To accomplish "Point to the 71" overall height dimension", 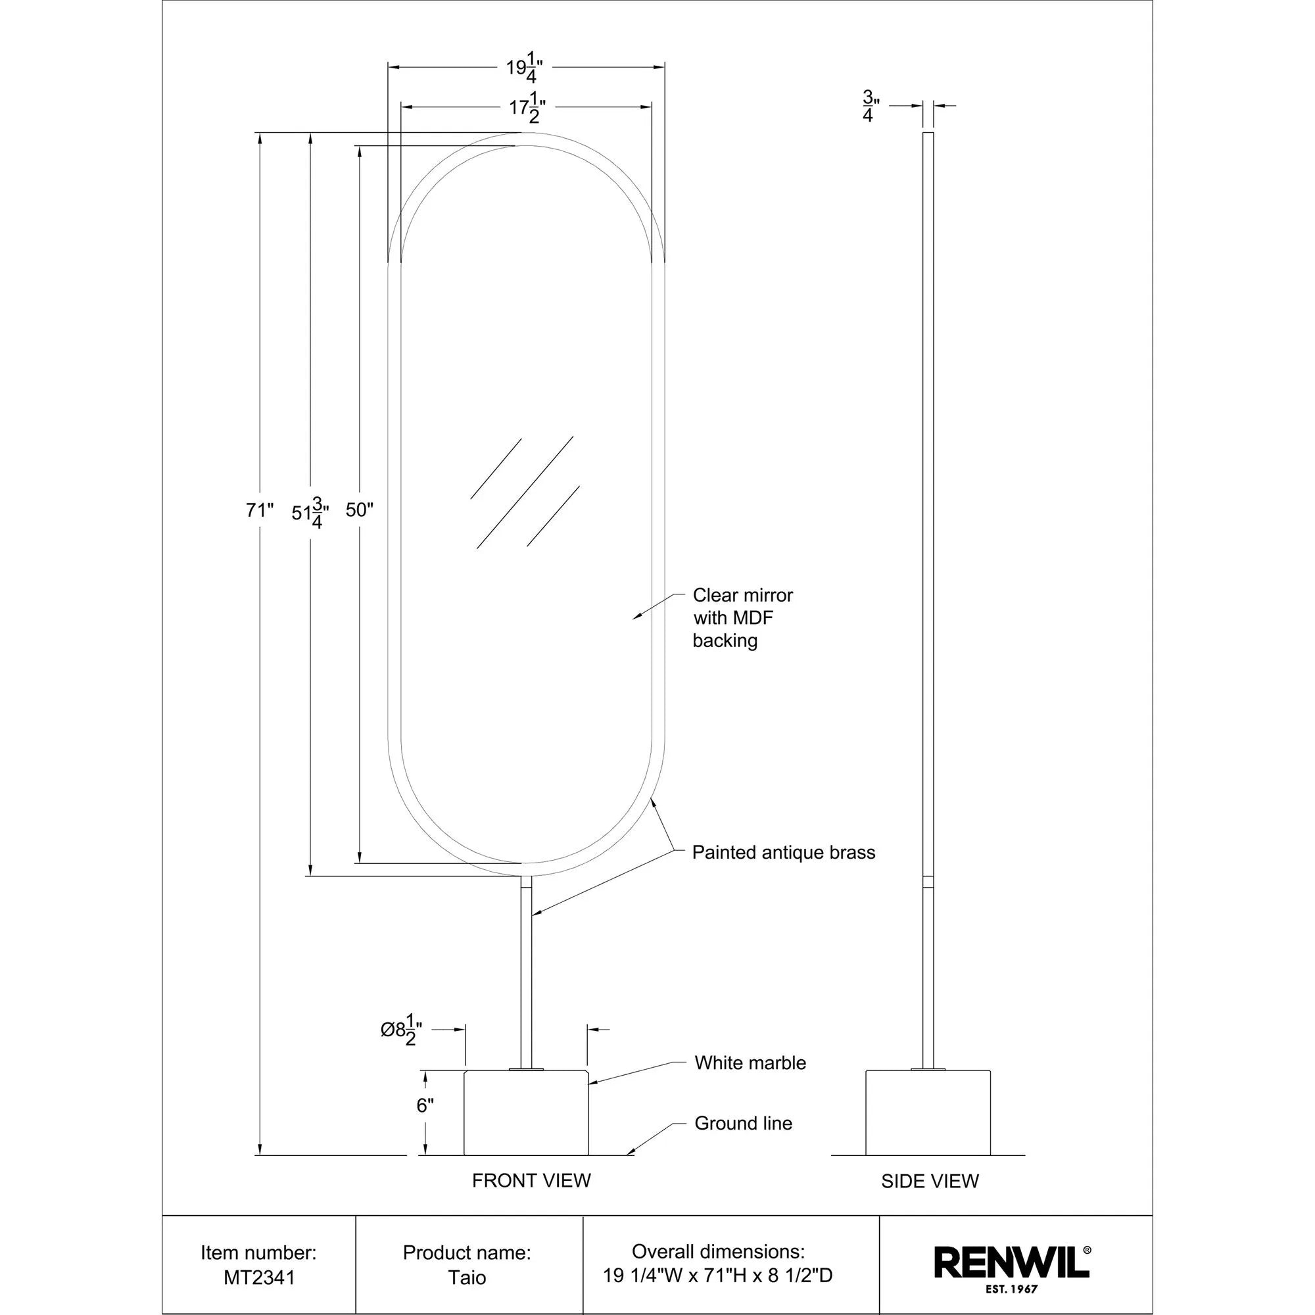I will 259,510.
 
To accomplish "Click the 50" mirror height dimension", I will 360,510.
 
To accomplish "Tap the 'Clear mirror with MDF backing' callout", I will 742,617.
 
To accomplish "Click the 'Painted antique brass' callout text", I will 782,852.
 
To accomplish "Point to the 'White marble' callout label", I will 750,1063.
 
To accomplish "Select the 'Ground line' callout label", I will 742,1123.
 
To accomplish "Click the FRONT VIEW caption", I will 531,1180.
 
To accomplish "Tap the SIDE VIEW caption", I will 929,1181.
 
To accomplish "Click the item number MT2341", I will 259,1278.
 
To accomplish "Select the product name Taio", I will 467,1278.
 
